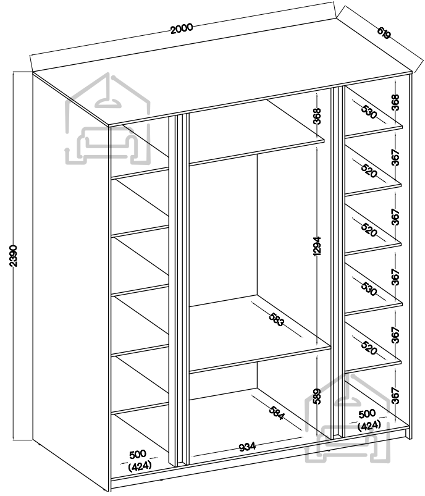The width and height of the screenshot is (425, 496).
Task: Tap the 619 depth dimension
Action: click(383, 33)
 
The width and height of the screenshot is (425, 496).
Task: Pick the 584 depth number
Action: click(276, 412)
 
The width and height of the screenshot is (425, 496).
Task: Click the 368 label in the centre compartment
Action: click(318, 117)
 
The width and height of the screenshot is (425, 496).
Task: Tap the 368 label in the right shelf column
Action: click(395, 103)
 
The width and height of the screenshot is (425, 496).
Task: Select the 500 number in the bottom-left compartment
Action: click(138, 455)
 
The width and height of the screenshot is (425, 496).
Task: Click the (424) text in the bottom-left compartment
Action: click(140, 466)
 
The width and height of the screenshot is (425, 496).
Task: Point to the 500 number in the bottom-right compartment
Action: click(368, 413)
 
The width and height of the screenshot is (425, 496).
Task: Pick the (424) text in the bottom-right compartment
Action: click(368, 425)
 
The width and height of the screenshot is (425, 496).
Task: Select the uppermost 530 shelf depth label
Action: click(369, 112)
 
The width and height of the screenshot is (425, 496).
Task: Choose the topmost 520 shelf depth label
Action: click(369, 171)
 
